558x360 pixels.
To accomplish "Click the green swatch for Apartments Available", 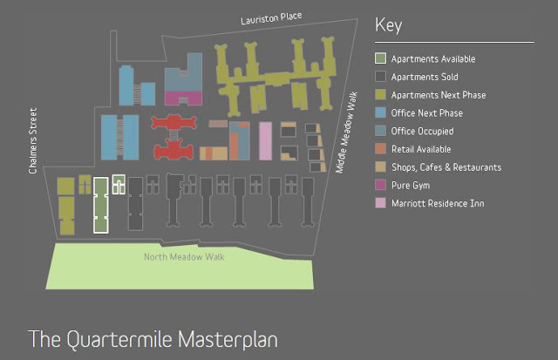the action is pos(380,59).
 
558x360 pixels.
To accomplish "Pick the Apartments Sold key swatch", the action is pos(380,78).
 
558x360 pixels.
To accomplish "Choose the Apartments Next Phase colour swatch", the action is pos(380,95).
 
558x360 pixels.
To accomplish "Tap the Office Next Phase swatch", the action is pos(380,113).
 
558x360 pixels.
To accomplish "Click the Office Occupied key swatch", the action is pos(380,131).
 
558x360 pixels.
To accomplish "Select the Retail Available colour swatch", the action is pos(380,149).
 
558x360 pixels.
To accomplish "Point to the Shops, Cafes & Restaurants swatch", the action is pos(380,167).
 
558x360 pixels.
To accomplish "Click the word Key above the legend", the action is pos(388,24).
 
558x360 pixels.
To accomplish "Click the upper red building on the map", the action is pos(178,124).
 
